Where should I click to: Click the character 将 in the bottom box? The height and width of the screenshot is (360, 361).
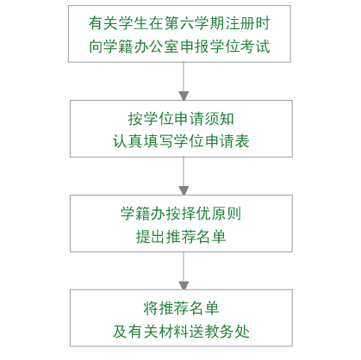tap(151, 308)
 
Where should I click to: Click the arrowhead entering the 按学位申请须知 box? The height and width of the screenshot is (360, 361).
tap(184, 96)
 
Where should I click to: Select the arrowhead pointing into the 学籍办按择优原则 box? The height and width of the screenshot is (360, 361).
tap(184, 190)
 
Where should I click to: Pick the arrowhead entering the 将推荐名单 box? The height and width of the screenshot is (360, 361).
tap(184, 285)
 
